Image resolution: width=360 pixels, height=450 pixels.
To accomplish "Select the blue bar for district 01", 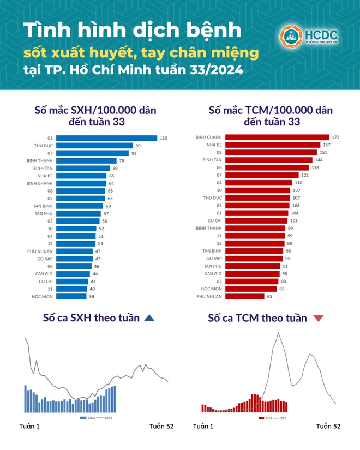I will click(107, 138).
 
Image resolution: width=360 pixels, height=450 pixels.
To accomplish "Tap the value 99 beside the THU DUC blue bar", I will click(139, 146).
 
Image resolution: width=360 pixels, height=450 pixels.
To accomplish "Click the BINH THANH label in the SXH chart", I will click(40, 161).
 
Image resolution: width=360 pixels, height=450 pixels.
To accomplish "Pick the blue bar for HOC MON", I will click(71, 296).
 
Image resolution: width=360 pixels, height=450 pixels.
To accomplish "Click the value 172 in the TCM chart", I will click(335, 137).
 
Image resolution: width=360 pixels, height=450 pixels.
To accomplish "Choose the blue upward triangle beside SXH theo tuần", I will click(149, 318).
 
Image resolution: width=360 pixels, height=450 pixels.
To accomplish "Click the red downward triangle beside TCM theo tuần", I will click(319, 318).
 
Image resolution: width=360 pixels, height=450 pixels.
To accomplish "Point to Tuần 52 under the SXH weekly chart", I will click(161, 426).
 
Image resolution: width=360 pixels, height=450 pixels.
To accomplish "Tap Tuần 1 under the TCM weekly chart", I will click(203, 426).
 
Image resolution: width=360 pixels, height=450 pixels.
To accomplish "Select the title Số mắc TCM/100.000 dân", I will click(271, 111).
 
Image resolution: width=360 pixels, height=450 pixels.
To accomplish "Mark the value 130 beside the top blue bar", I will click(164, 138).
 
